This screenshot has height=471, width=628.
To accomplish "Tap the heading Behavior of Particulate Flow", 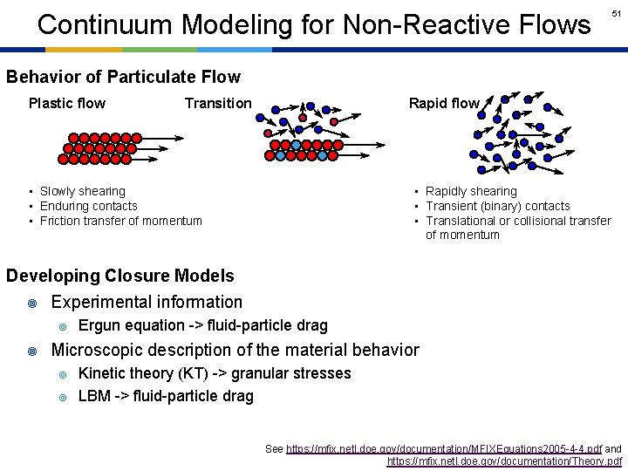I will click(x=123, y=77).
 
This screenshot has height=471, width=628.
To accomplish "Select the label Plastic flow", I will click(x=67, y=104).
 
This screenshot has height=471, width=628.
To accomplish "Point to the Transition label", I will click(x=218, y=104).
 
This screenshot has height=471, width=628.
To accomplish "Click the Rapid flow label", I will click(x=444, y=104).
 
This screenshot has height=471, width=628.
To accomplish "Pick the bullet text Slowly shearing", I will click(x=83, y=191).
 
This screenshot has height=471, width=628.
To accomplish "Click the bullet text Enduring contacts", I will click(x=89, y=206).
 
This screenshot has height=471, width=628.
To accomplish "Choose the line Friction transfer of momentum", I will click(x=121, y=221).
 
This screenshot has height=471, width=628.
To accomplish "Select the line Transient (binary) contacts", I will click(x=497, y=206).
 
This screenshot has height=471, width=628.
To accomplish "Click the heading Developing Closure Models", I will click(x=120, y=276).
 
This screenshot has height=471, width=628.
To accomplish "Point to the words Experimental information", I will click(x=147, y=302).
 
